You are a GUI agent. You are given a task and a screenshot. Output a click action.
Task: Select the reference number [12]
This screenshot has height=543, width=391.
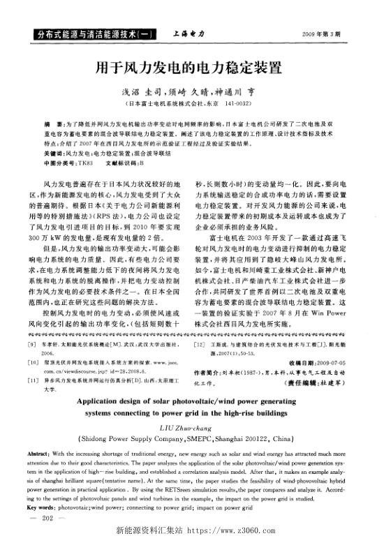pos(204,325)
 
